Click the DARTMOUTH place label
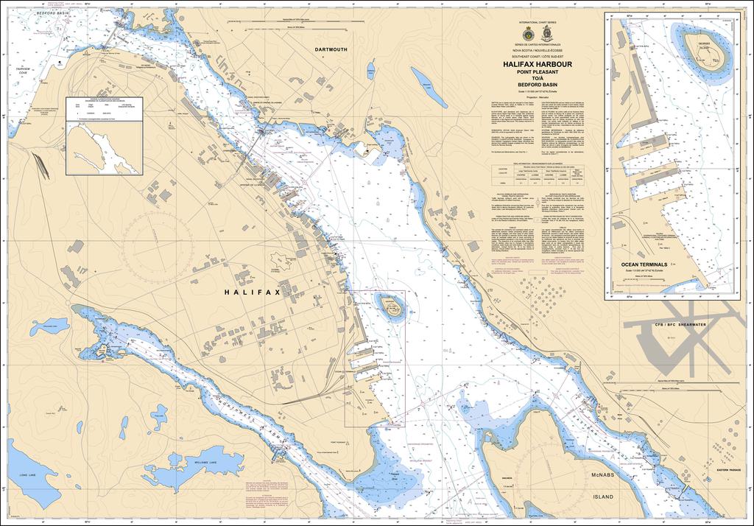point(330,49)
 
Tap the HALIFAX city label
point(253,292)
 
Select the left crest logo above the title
point(525,35)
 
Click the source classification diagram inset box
point(102,136)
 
